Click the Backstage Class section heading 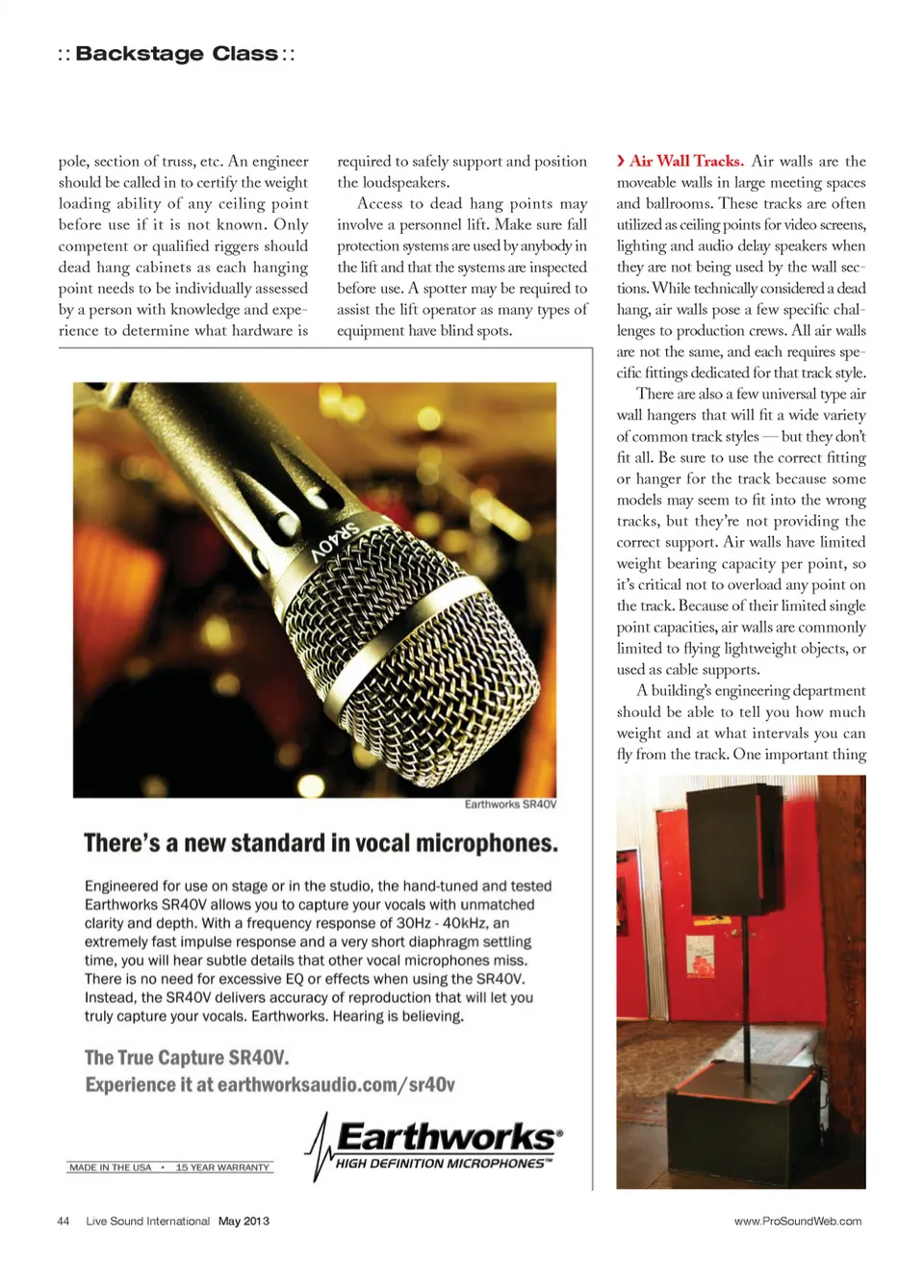pos(176,54)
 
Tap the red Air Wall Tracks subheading pos(686,161)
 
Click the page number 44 pos(64,1221)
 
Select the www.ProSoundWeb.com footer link pos(797,1221)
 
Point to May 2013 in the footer pos(244,1221)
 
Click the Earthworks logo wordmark pos(446,1137)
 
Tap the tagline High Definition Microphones pos(443,1164)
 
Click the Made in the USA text pos(111,1168)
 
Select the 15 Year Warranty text pos(222,1168)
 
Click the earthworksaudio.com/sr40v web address pos(336,1085)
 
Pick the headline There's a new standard pos(321,843)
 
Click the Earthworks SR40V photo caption pos(510,804)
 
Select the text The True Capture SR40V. pos(187,1057)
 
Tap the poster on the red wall pos(700,955)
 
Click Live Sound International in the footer pos(147,1221)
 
